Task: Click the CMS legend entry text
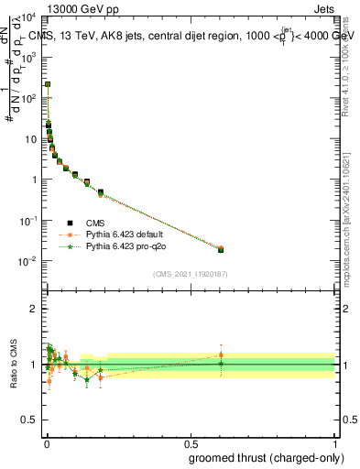(95, 223)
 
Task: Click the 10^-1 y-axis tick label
(29, 222)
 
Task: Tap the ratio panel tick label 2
(34, 309)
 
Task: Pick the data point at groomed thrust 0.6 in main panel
(221, 249)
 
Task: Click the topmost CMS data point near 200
(48, 84)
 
